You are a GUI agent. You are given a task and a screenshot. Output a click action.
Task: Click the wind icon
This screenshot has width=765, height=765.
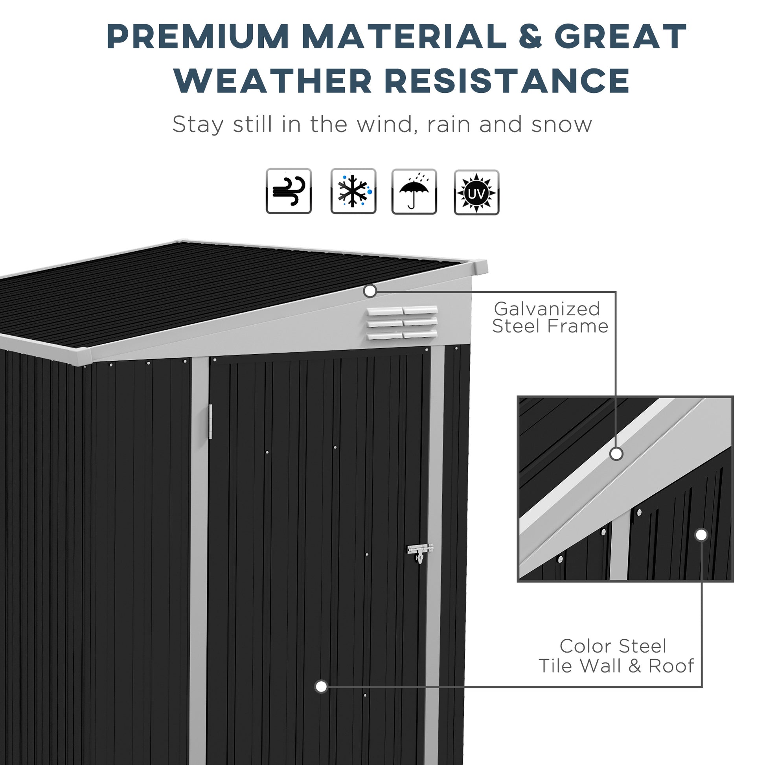[x=289, y=191]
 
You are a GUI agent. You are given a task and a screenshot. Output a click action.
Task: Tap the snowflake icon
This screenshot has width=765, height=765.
[x=353, y=191]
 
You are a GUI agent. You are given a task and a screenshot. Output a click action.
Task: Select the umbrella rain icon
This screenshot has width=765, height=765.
[x=414, y=192]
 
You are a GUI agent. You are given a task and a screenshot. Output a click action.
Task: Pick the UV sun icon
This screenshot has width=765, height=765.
[x=476, y=193]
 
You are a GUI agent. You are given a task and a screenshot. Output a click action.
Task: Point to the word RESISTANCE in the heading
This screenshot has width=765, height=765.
[x=507, y=81]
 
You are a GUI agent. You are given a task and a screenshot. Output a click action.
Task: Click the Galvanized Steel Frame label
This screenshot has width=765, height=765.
[x=550, y=318]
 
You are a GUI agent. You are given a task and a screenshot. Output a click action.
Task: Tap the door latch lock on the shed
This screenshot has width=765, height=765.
[x=420, y=552]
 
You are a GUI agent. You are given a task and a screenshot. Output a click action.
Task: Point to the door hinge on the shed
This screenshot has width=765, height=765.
[x=210, y=422]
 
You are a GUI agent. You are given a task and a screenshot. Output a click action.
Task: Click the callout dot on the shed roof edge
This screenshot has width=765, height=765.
[x=370, y=291]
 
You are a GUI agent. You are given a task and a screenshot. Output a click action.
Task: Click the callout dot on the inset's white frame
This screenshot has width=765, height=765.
[x=616, y=454]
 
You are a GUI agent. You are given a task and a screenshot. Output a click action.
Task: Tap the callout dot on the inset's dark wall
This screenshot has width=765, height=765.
[x=701, y=535]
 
